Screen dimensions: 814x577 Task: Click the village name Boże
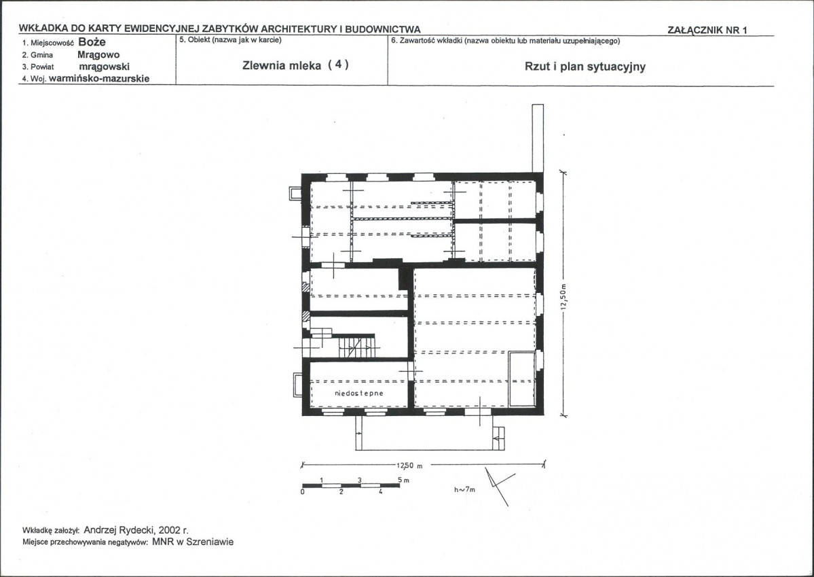click(x=92, y=42)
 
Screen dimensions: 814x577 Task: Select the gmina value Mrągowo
click(x=98, y=54)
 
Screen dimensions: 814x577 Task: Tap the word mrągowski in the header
click(x=105, y=67)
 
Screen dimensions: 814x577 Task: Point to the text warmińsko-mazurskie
click(x=99, y=78)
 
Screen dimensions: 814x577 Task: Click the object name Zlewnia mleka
click(x=281, y=65)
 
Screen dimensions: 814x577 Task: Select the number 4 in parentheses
click(x=338, y=65)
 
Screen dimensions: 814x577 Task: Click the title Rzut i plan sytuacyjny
click(x=585, y=67)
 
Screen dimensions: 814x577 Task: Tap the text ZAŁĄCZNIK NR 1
click(x=707, y=30)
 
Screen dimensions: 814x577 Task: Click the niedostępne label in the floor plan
click(x=358, y=393)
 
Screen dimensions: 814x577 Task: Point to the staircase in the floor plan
click(x=356, y=347)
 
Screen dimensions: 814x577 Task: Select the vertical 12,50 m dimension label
click(x=564, y=297)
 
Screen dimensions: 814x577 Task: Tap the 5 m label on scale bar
click(x=403, y=480)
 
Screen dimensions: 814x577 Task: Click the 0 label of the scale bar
click(x=303, y=492)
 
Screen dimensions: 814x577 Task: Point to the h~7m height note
click(x=464, y=489)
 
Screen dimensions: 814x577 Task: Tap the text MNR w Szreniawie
click(x=193, y=542)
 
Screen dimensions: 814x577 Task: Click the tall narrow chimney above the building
click(x=538, y=138)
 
